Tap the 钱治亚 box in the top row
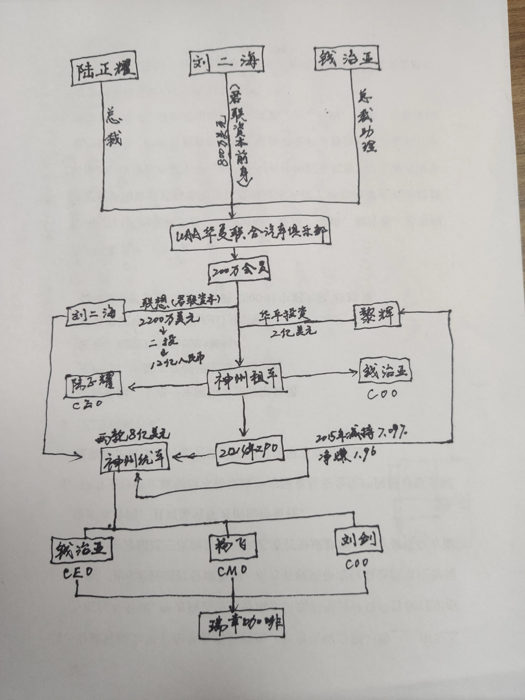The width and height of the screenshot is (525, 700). pyautogui.click(x=347, y=59)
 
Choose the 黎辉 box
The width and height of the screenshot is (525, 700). pyautogui.click(x=377, y=316)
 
